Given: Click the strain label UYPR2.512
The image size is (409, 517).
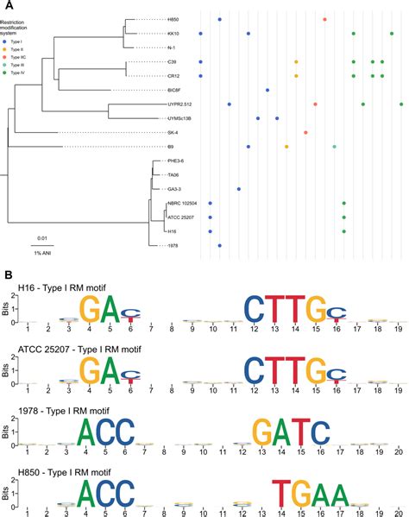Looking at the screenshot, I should pyautogui.click(x=156, y=104).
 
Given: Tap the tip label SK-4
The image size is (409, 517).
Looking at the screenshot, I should pyautogui.click(x=148, y=133).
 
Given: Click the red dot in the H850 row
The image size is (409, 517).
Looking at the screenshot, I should pyautogui.click(x=324, y=19).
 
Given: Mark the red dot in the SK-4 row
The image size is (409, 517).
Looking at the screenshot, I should pyautogui.click(x=306, y=133).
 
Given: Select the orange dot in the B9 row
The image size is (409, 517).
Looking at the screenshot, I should pyautogui.click(x=286, y=147).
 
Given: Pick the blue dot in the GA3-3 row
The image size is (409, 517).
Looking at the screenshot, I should pyautogui.click(x=239, y=189).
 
